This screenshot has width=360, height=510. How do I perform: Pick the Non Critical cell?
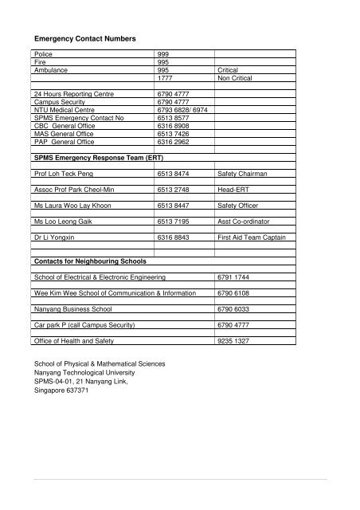[x=234, y=78]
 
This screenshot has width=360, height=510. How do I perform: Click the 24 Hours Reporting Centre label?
[x=70, y=95]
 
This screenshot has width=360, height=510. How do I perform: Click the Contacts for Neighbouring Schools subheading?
[x=84, y=261]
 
